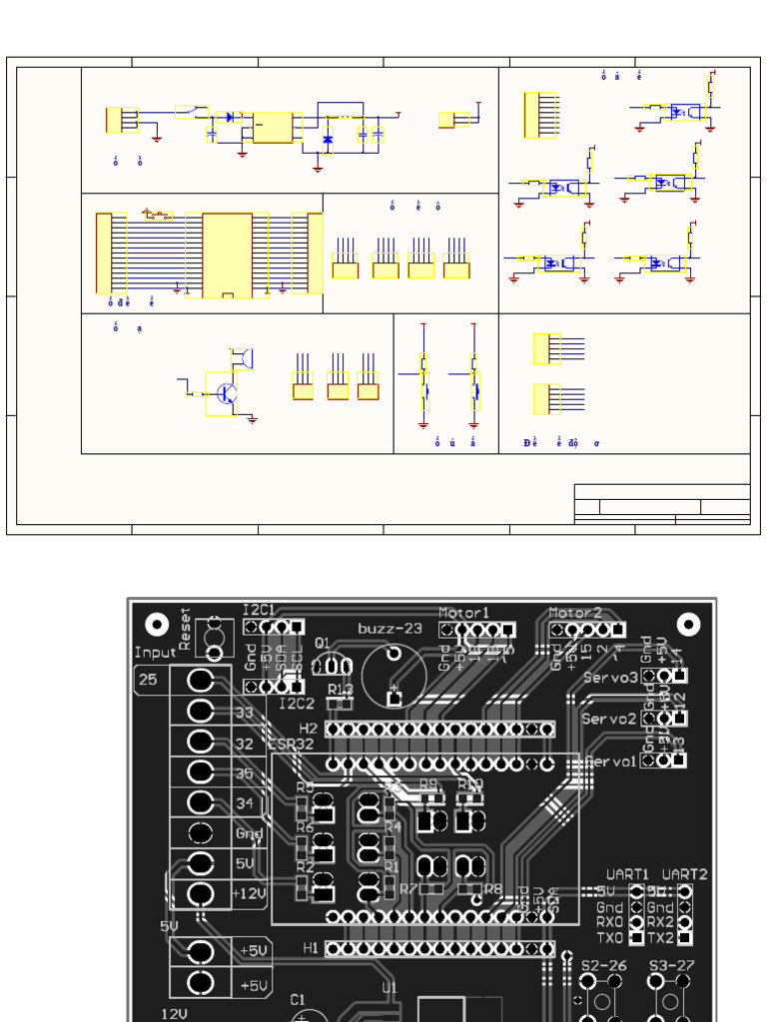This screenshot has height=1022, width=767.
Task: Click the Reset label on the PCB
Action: point(185,628)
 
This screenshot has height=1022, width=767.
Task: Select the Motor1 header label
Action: point(464,612)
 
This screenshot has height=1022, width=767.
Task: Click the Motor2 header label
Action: point(576,612)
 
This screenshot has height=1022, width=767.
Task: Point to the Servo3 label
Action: point(610,678)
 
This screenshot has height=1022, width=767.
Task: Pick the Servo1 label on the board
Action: point(610,761)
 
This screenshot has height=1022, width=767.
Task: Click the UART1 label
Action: point(627,873)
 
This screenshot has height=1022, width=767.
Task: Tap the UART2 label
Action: point(685,873)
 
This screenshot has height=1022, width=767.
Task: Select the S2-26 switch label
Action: point(603,965)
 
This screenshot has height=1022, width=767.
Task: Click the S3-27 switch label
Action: point(673,965)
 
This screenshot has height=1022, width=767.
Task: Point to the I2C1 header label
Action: point(260,609)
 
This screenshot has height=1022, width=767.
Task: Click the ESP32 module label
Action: point(291,743)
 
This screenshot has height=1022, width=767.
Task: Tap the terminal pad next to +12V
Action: point(201,893)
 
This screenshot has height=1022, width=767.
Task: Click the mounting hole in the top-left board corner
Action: point(157,625)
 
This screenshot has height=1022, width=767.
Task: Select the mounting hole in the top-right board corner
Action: point(688,625)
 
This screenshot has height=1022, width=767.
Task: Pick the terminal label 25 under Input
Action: point(148,680)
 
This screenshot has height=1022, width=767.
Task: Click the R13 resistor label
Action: point(340,689)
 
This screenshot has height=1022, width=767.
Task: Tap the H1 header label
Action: point(310,948)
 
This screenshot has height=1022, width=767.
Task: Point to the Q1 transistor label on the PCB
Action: point(323,643)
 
